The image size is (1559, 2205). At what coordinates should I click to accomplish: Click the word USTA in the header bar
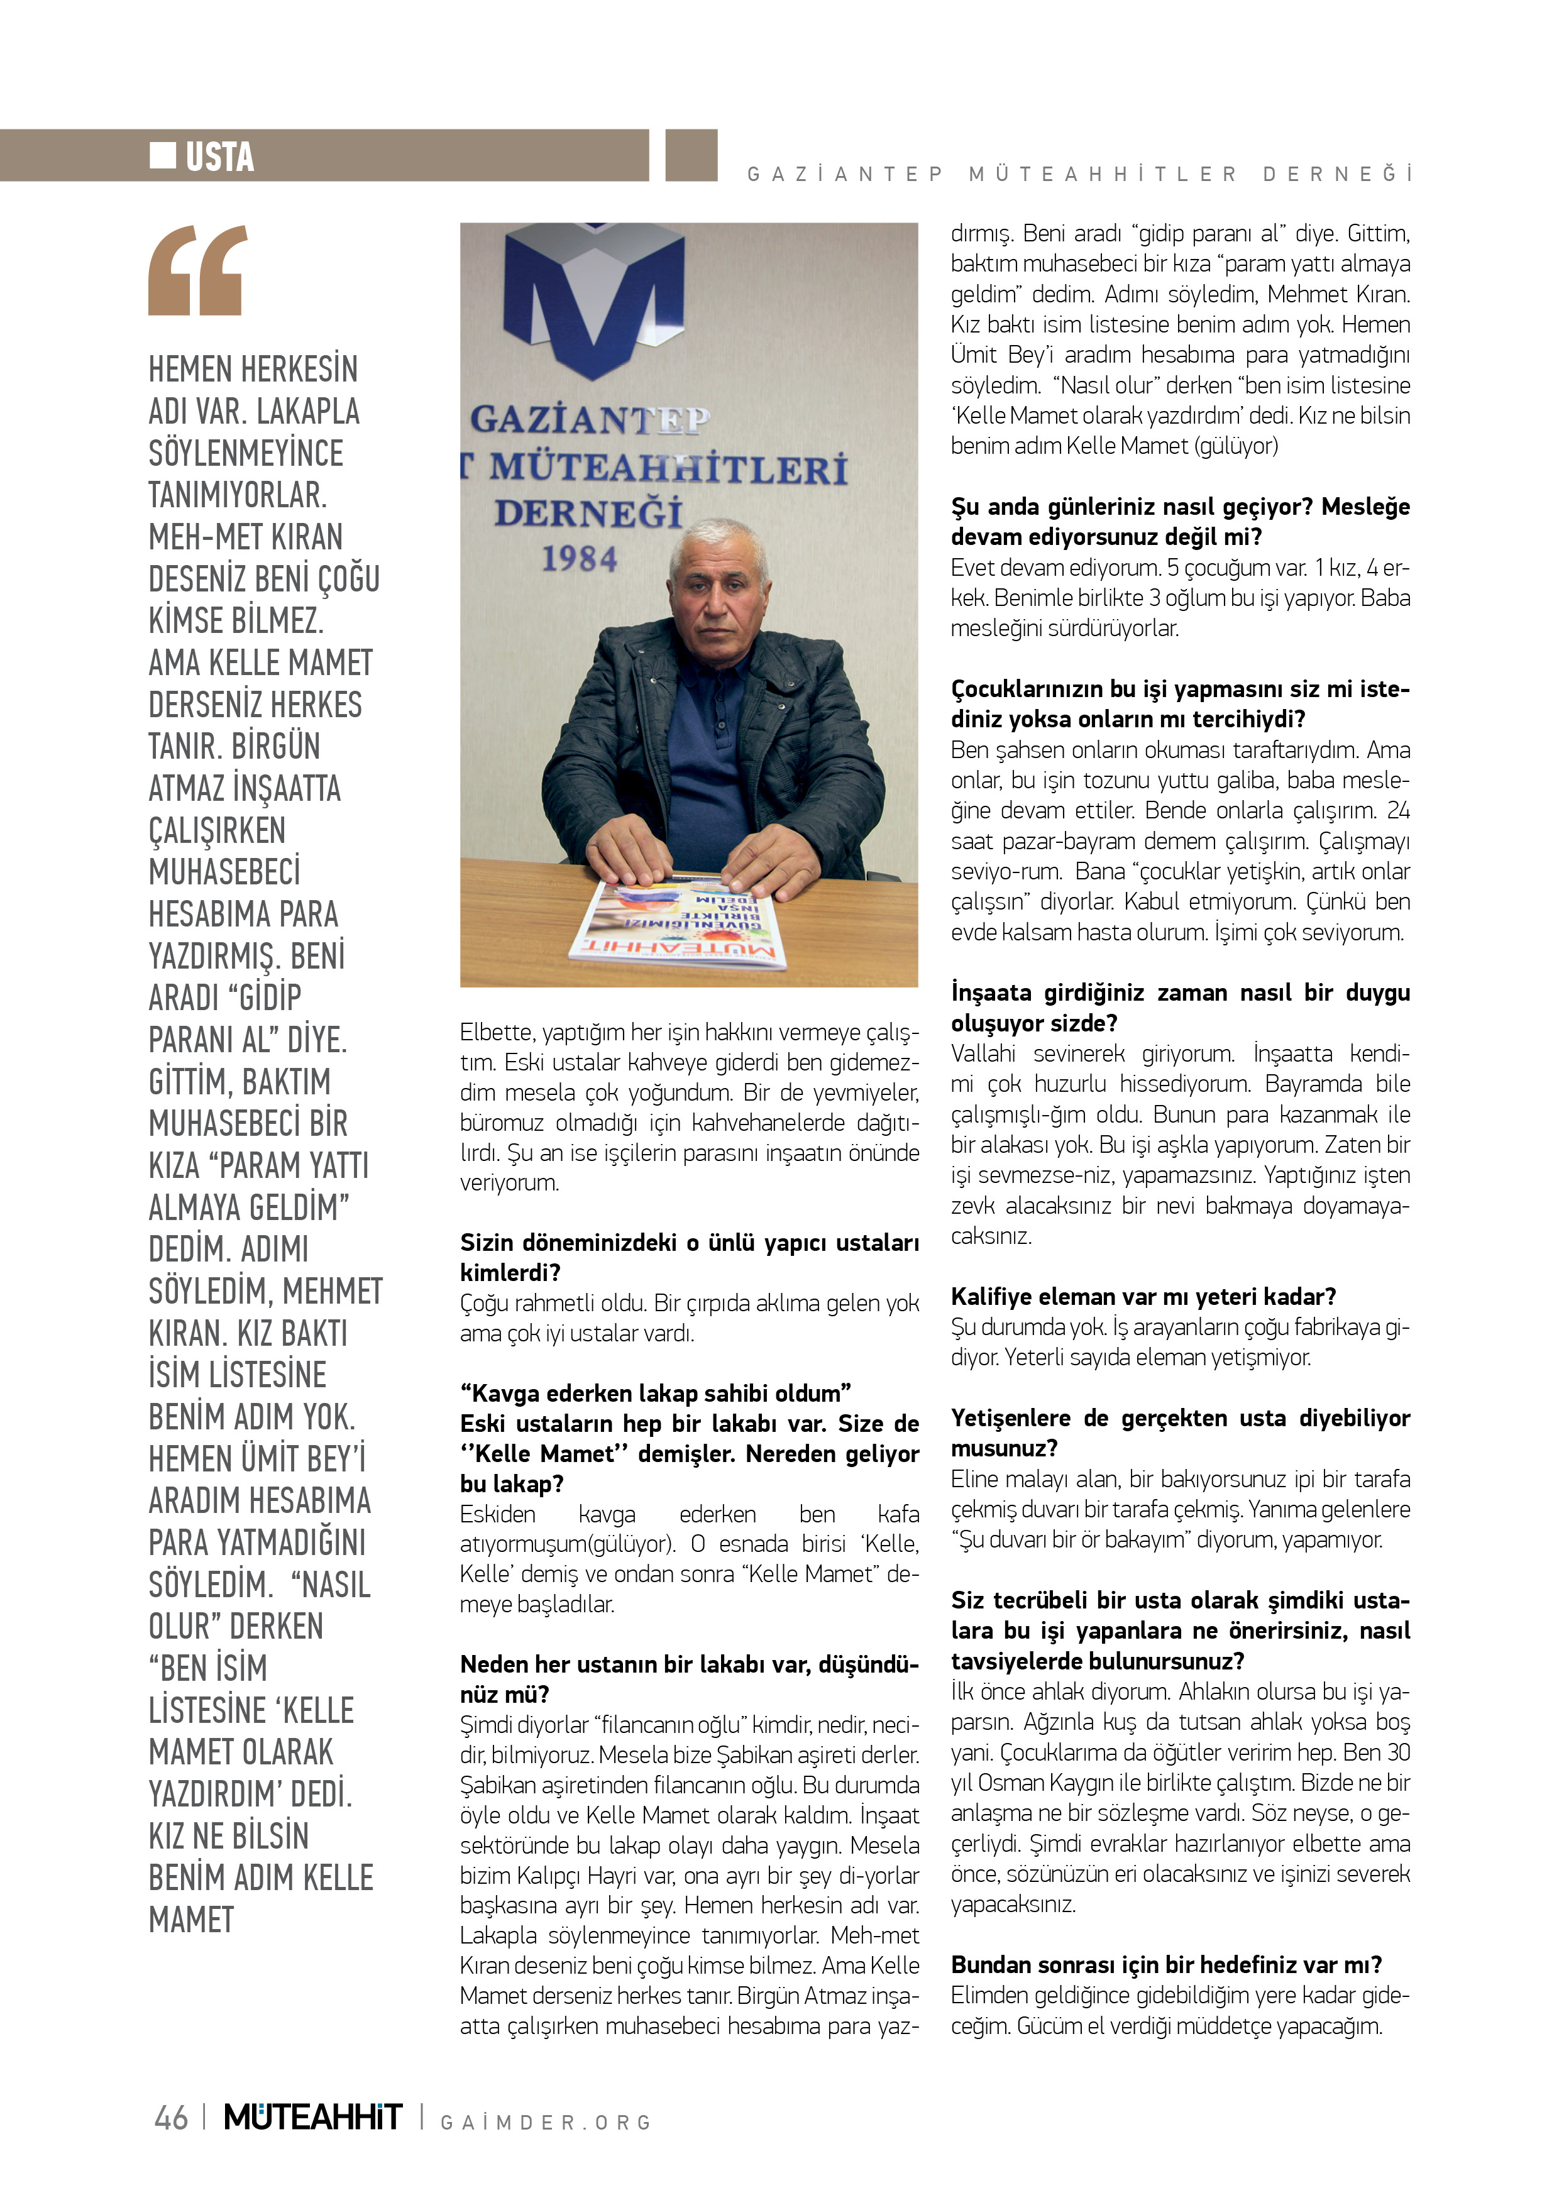click(x=220, y=157)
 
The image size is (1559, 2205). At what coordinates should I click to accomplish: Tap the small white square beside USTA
click(x=162, y=155)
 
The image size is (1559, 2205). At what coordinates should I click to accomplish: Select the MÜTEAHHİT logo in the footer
click(x=312, y=2116)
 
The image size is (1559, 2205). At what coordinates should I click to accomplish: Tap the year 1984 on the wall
click(x=578, y=559)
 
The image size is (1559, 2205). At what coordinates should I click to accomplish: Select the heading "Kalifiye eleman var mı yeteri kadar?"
click(x=1143, y=1297)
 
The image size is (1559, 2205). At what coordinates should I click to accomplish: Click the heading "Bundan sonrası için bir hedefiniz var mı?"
click(x=1166, y=1965)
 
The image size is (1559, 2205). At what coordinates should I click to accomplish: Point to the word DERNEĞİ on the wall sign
click(x=588, y=514)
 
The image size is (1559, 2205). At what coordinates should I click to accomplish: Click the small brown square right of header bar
click(x=691, y=155)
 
